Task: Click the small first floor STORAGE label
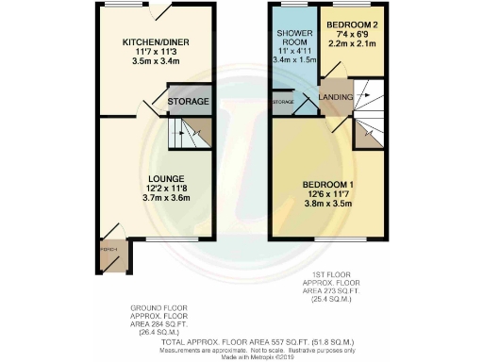(283, 101)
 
